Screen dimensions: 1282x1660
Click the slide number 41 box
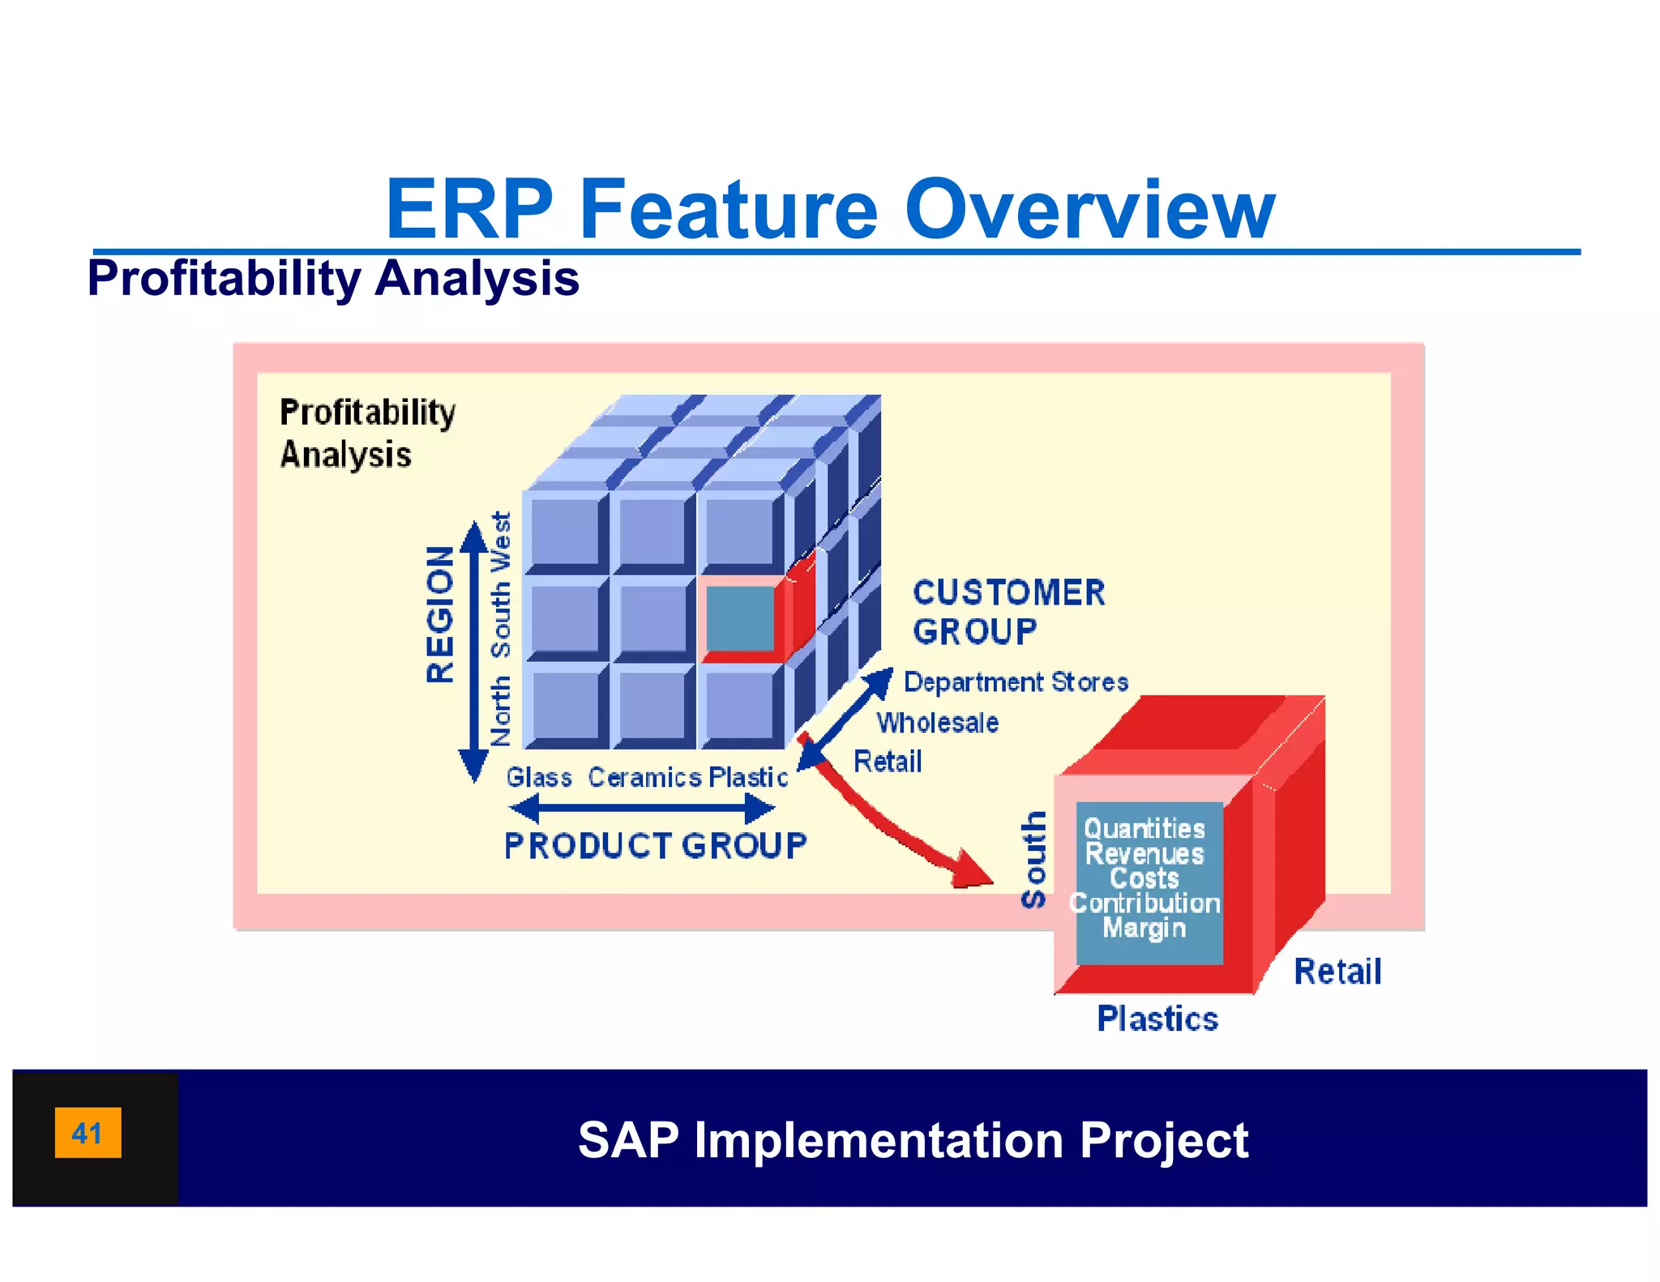[x=88, y=1132]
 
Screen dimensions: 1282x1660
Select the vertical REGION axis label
[x=440, y=613]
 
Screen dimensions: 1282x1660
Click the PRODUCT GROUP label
[x=655, y=845]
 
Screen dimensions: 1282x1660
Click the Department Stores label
[x=1016, y=682]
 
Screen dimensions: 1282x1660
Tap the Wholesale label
[x=937, y=722]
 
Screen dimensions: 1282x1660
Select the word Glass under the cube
[x=539, y=777]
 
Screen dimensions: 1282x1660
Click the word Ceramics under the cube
[x=644, y=777]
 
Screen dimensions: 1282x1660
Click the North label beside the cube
[x=501, y=711]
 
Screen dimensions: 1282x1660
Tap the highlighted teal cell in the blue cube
[x=739, y=618]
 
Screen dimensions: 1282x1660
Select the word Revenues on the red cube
[x=1144, y=853]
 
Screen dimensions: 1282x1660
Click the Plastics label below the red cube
[x=1157, y=1019]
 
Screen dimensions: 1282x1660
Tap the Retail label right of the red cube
[x=1337, y=971]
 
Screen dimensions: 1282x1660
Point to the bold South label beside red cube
[x=1033, y=860]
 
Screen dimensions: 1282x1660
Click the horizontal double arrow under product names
[x=641, y=808]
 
